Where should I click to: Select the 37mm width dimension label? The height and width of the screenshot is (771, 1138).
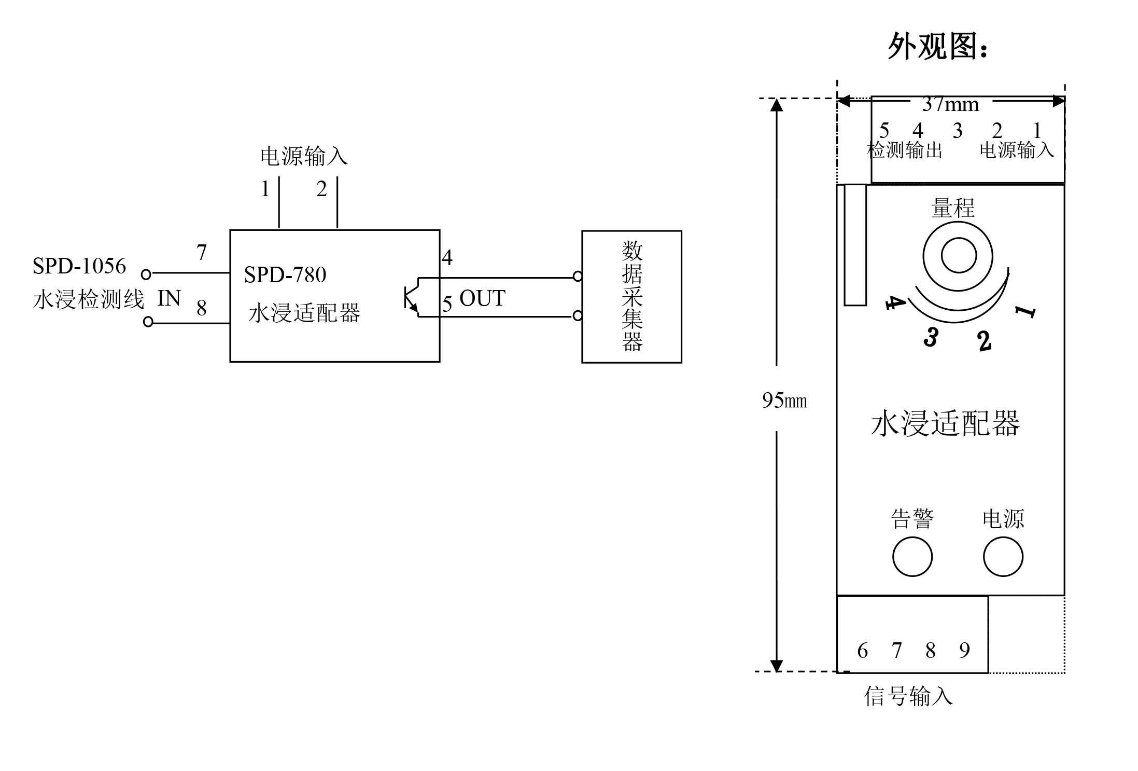click(950, 104)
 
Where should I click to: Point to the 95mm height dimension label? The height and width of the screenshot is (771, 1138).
click(784, 400)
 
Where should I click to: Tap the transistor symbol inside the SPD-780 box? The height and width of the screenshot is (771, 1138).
click(411, 297)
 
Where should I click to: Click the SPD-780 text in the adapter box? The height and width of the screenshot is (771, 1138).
click(285, 275)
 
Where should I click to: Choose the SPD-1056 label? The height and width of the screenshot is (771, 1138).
click(79, 266)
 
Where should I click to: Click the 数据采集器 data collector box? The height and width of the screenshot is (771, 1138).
click(631, 296)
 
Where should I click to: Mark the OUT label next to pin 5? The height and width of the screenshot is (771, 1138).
click(482, 298)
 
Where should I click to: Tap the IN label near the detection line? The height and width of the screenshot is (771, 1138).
click(168, 298)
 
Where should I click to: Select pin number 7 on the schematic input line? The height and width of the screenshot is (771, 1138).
click(202, 253)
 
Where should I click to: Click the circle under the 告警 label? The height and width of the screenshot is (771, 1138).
click(912, 557)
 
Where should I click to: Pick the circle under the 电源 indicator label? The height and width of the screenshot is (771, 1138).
click(1003, 557)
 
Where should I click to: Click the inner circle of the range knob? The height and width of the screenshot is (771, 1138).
click(959, 255)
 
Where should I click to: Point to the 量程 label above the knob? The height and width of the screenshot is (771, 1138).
click(953, 208)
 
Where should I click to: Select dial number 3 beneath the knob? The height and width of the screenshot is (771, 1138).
click(931, 337)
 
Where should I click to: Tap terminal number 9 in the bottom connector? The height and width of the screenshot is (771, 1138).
click(964, 650)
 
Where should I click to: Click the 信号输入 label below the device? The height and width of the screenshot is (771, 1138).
click(908, 696)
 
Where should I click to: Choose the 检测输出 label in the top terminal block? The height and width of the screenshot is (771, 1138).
click(905, 150)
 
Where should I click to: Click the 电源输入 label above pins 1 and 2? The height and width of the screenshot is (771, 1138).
click(304, 156)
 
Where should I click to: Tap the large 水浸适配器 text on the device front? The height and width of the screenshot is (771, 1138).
click(946, 424)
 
